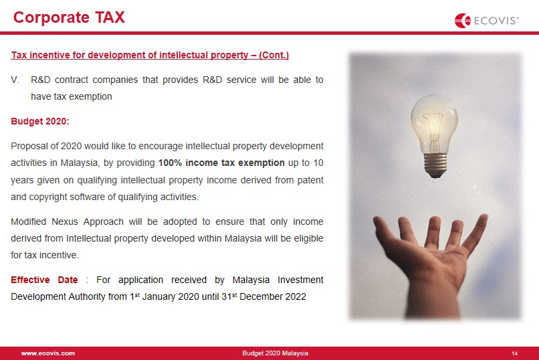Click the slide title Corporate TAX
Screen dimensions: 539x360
[x=69, y=17]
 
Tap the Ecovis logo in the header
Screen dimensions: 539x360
[x=486, y=21]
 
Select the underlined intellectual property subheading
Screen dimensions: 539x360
[x=150, y=55]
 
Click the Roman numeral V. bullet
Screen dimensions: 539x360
[x=15, y=80]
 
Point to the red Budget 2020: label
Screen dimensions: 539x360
[x=40, y=121]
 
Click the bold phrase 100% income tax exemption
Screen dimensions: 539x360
[x=221, y=163]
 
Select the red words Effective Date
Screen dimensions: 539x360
[x=44, y=280]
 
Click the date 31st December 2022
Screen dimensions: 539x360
[x=263, y=296]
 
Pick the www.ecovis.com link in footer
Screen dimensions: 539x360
[x=47, y=353]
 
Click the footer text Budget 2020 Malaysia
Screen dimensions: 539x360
[x=275, y=353]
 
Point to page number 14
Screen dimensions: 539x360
[x=515, y=353]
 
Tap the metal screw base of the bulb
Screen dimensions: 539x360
[x=435, y=165]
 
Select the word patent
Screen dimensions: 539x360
[x=310, y=180]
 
